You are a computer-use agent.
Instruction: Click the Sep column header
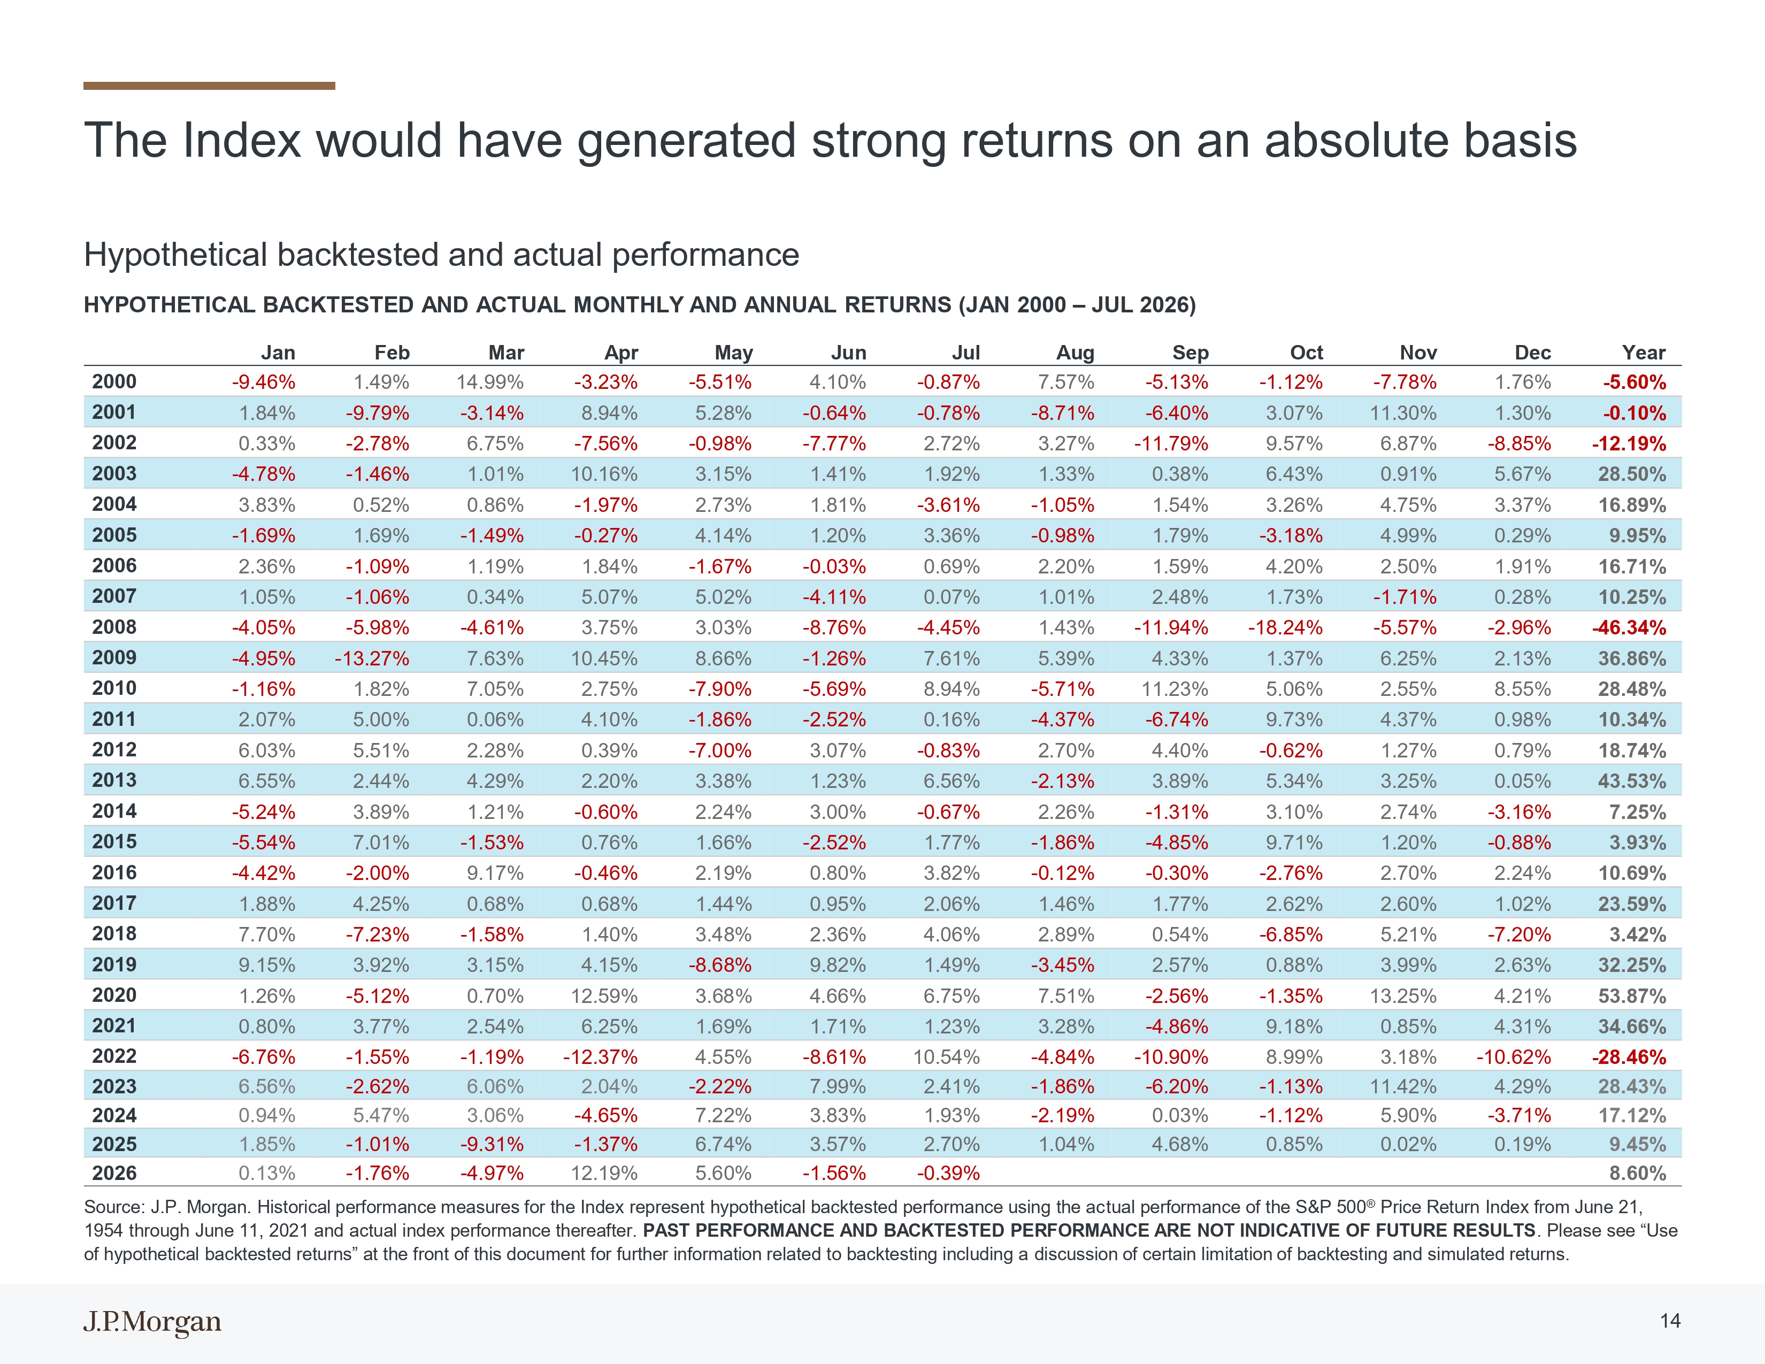pos(1191,353)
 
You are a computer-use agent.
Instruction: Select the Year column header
pos(1644,353)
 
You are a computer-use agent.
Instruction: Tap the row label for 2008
pos(114,627)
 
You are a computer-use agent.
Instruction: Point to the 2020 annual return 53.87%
pos(1632,995)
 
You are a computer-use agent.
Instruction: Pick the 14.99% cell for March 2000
pos(490,382)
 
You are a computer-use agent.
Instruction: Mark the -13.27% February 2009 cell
pos(372,658)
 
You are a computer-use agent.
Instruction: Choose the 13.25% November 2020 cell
pos(1403,995)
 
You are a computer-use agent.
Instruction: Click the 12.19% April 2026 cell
pos(604,1173)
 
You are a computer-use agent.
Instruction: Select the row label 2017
pos(114,903)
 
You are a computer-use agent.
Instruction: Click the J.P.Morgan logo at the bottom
pos(152,1322)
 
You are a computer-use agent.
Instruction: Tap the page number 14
pos(1670,1321)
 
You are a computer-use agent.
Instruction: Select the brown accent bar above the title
pos(209,86)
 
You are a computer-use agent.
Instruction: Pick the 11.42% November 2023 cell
pos(1403,1087)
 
